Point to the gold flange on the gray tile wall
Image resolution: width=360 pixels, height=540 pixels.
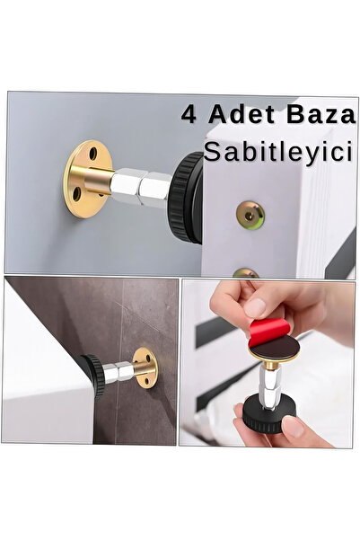(x=146, y=364)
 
